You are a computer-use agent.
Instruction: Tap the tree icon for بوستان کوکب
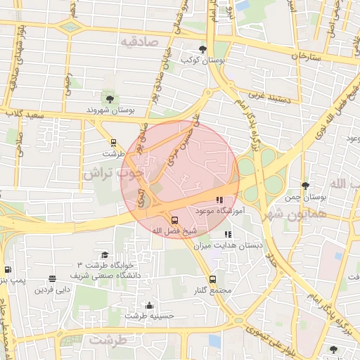(203, 49)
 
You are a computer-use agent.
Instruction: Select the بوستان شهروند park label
(110, 110)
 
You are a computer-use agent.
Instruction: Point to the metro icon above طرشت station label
(113, 143)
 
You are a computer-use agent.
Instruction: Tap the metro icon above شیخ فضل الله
(175, 219)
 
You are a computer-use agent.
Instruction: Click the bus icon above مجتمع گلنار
(213, 278)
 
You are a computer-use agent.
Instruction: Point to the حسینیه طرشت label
(149, 316)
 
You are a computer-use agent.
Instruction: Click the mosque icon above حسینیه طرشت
(149, 305)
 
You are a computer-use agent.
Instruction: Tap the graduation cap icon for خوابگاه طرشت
(105, 255)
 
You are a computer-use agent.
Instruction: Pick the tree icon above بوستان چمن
(304, 186)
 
